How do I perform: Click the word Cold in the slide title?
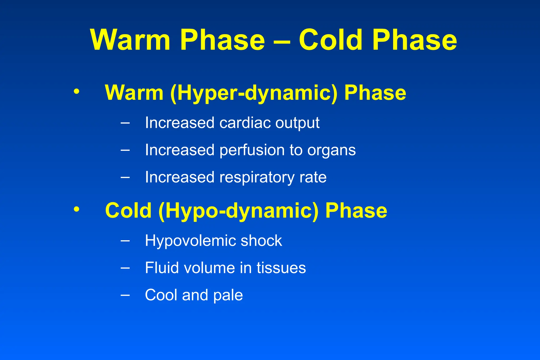[331, 40]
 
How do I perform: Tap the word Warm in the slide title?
[130, 40]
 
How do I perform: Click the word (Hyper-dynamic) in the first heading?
[254, 93]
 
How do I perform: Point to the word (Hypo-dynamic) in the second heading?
[238, 211]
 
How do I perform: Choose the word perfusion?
[252, 150]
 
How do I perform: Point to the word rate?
[313, 177]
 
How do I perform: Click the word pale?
[228, 295]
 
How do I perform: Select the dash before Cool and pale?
[125, 295]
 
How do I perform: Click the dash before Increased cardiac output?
[125, 123]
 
